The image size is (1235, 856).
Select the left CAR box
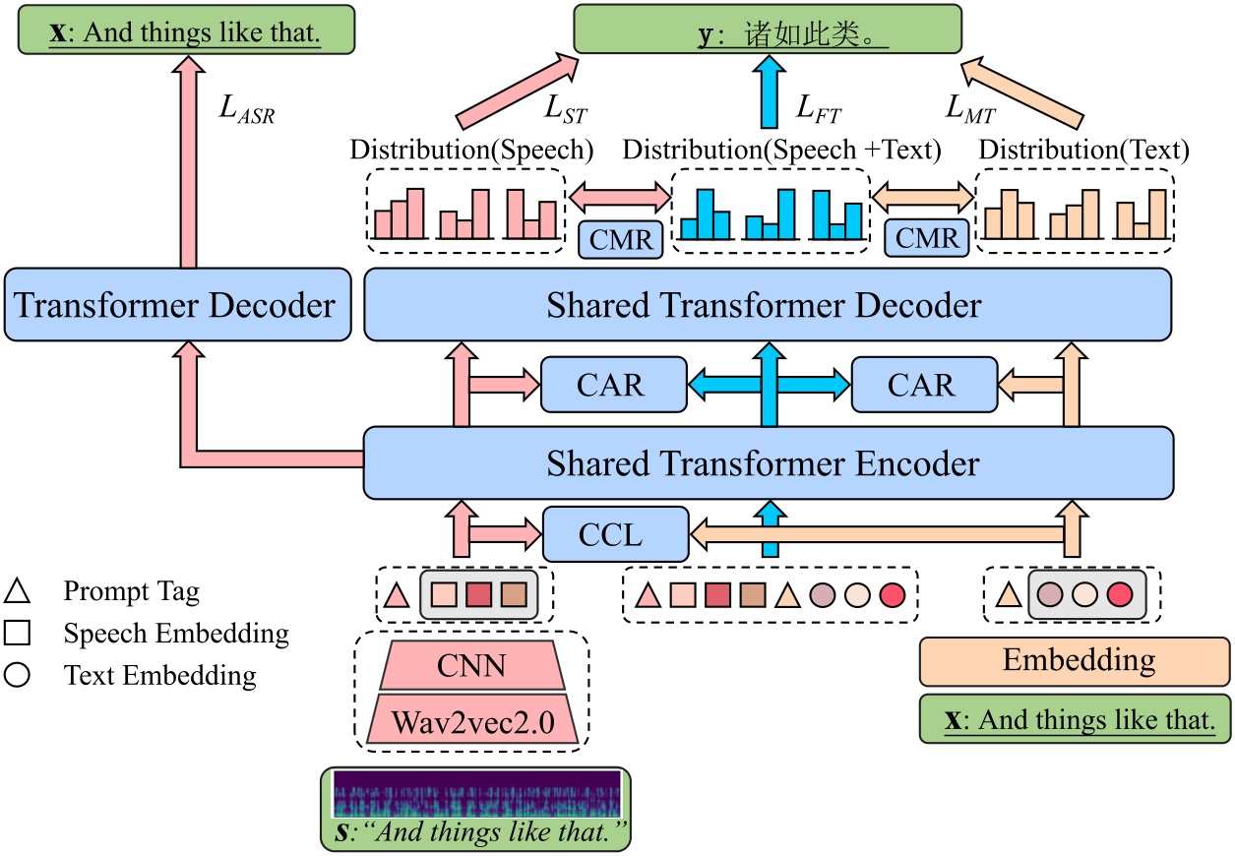611,385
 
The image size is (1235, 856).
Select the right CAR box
922,385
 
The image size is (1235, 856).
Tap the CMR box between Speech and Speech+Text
620,238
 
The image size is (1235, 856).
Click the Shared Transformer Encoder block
768,462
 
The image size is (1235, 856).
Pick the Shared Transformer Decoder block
768,305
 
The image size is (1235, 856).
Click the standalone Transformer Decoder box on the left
176,305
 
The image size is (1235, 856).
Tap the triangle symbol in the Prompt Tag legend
19,592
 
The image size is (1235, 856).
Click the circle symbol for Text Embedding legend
19,676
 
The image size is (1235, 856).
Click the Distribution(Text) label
1083,151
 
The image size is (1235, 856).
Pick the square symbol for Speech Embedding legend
19,634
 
